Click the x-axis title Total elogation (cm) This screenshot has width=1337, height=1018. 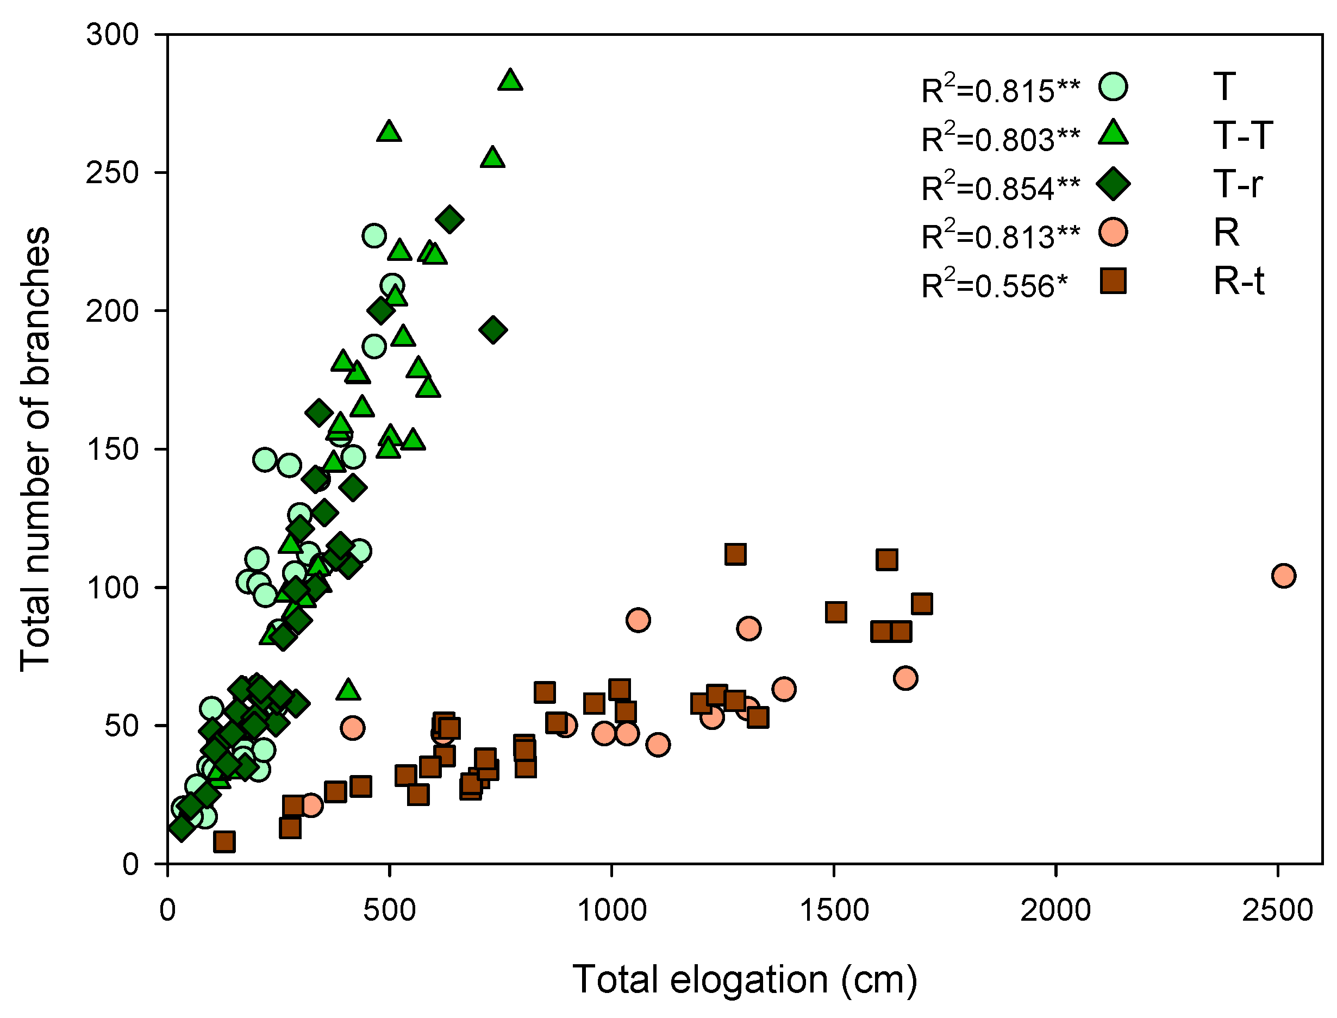coord(745,980)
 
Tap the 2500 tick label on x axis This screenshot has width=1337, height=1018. coord(1277,911)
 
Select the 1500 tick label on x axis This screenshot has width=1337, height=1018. coord(834,911)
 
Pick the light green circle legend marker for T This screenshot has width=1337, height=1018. coord(1113,86)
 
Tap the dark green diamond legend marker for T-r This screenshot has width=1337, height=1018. coord(1113,184)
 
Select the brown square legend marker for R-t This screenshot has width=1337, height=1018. coord(1113,281)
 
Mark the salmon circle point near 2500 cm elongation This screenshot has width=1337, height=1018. coord(1284,575)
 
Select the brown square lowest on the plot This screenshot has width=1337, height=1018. coord(224,842)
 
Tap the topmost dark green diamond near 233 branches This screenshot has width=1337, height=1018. coord(449,220)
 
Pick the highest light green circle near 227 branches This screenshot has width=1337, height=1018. coord(374,236)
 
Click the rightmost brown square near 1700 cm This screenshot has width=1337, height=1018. coord(921,603)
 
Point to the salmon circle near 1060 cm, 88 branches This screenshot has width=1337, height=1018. coord(639,620)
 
